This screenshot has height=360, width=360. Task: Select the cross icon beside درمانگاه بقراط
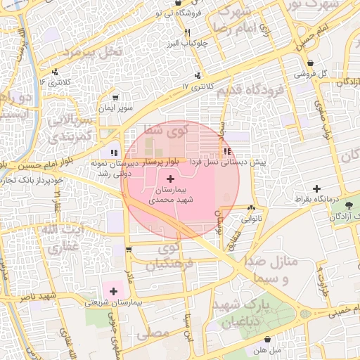click(x=317, y=188)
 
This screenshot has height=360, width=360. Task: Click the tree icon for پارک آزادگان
click(x=351, y=205)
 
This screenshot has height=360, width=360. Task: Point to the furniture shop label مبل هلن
click(x=267, y=349)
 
